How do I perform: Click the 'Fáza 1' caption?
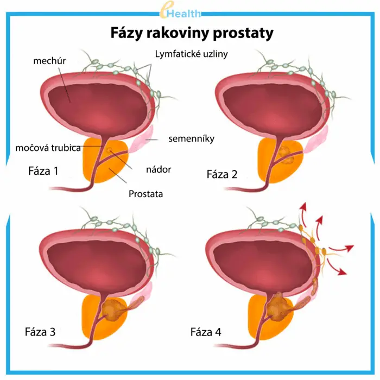coord(43,171)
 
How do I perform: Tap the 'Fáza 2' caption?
coord(222,174)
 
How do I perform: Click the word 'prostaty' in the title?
coord(246,33)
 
